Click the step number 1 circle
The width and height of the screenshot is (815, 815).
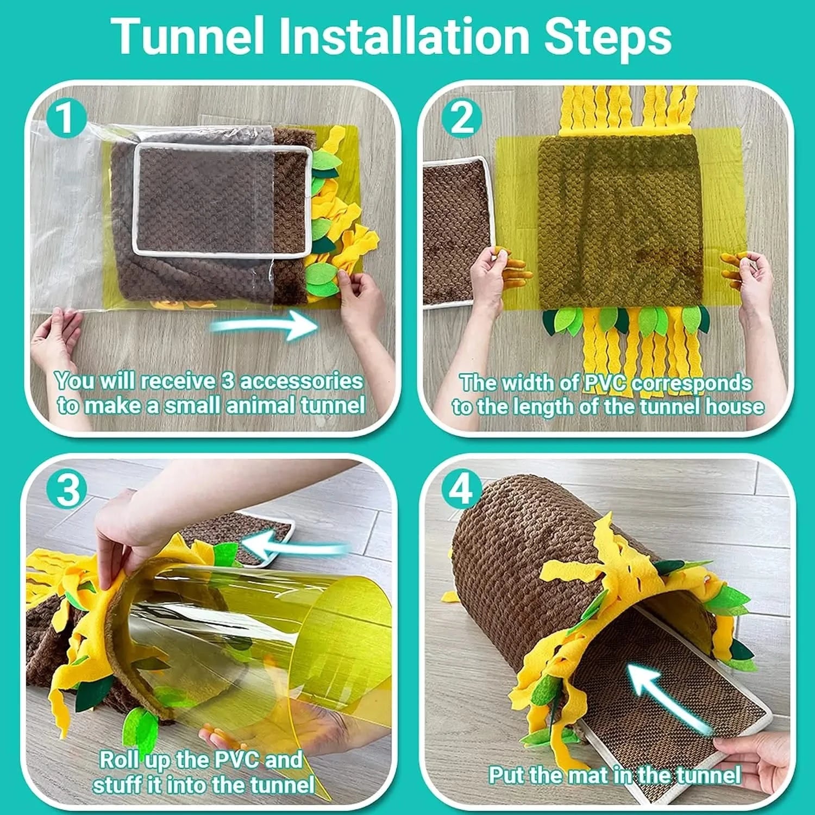pos(66,118)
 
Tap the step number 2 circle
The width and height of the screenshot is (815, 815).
pos(462,118)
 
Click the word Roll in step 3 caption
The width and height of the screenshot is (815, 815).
pos(120,759)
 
